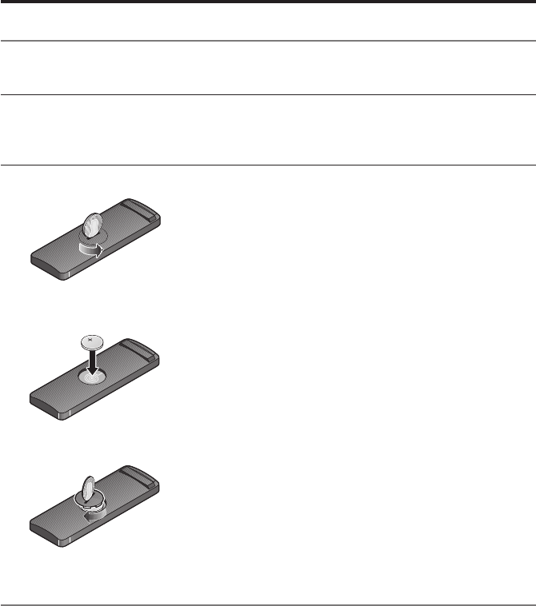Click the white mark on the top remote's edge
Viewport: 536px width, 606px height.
[69, 273]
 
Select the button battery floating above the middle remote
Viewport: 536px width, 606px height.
[93, 341]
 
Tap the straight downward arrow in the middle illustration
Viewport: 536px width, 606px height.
[93, 365]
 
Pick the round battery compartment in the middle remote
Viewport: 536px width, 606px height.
[94, 378]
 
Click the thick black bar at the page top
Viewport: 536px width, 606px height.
[268, 2]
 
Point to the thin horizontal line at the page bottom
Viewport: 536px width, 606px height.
[268, 604]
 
